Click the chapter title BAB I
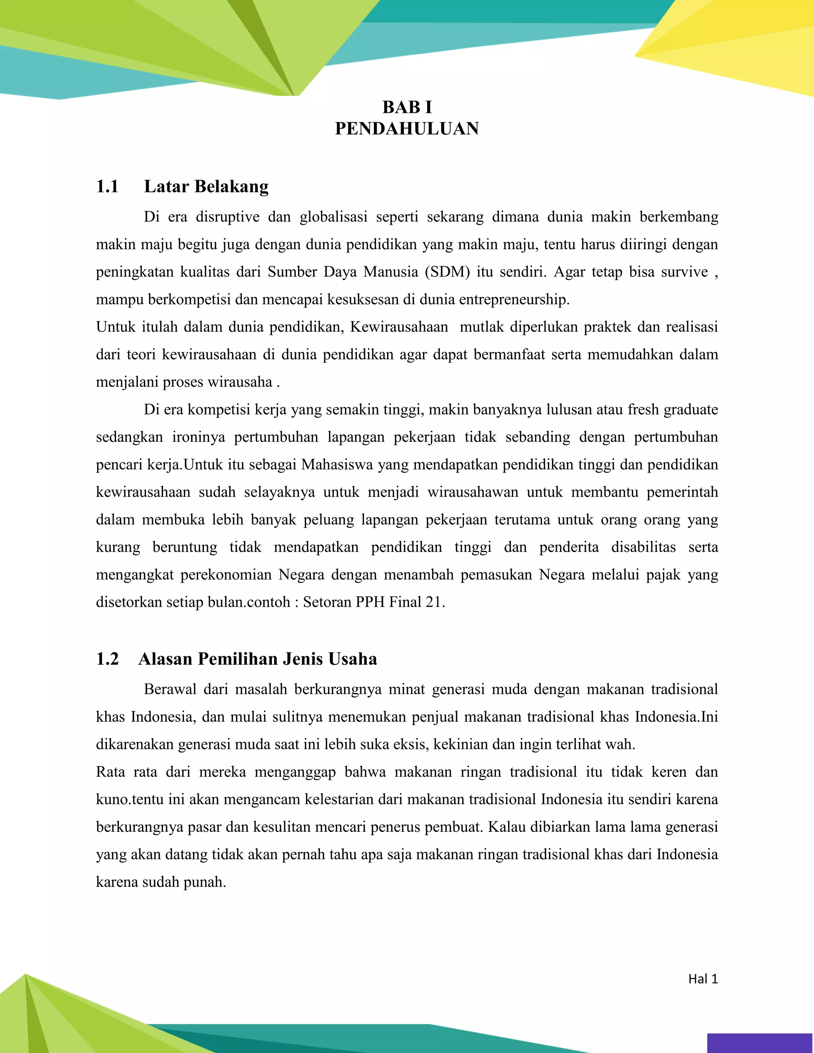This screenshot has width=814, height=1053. (x=407, y=107)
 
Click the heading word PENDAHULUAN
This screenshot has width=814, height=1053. (x=407, y=129)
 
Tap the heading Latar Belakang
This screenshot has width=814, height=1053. (x=206, y=187)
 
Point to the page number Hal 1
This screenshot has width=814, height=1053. (x=703, y=979)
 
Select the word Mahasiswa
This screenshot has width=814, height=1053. (x=337, y=465)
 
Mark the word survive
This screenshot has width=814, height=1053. (x=684, y=272)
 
